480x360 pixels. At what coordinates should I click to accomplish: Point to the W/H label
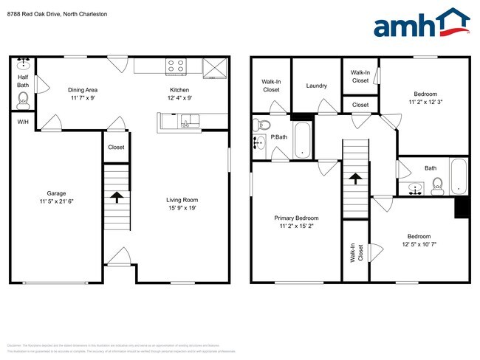click(x=22, y=121)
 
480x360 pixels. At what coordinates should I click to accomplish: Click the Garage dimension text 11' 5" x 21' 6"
click(x=55, y=201)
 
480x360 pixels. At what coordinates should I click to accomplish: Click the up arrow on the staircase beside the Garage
click(x=115, y=196)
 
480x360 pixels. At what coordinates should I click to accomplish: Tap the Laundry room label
click(x=317, y=86)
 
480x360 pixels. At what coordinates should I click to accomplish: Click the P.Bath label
click(x=278, y=137)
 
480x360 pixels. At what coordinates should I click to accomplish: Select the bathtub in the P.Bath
click(x=303, y=140)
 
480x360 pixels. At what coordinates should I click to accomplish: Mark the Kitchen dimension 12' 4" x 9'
click(x=180, y=97)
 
